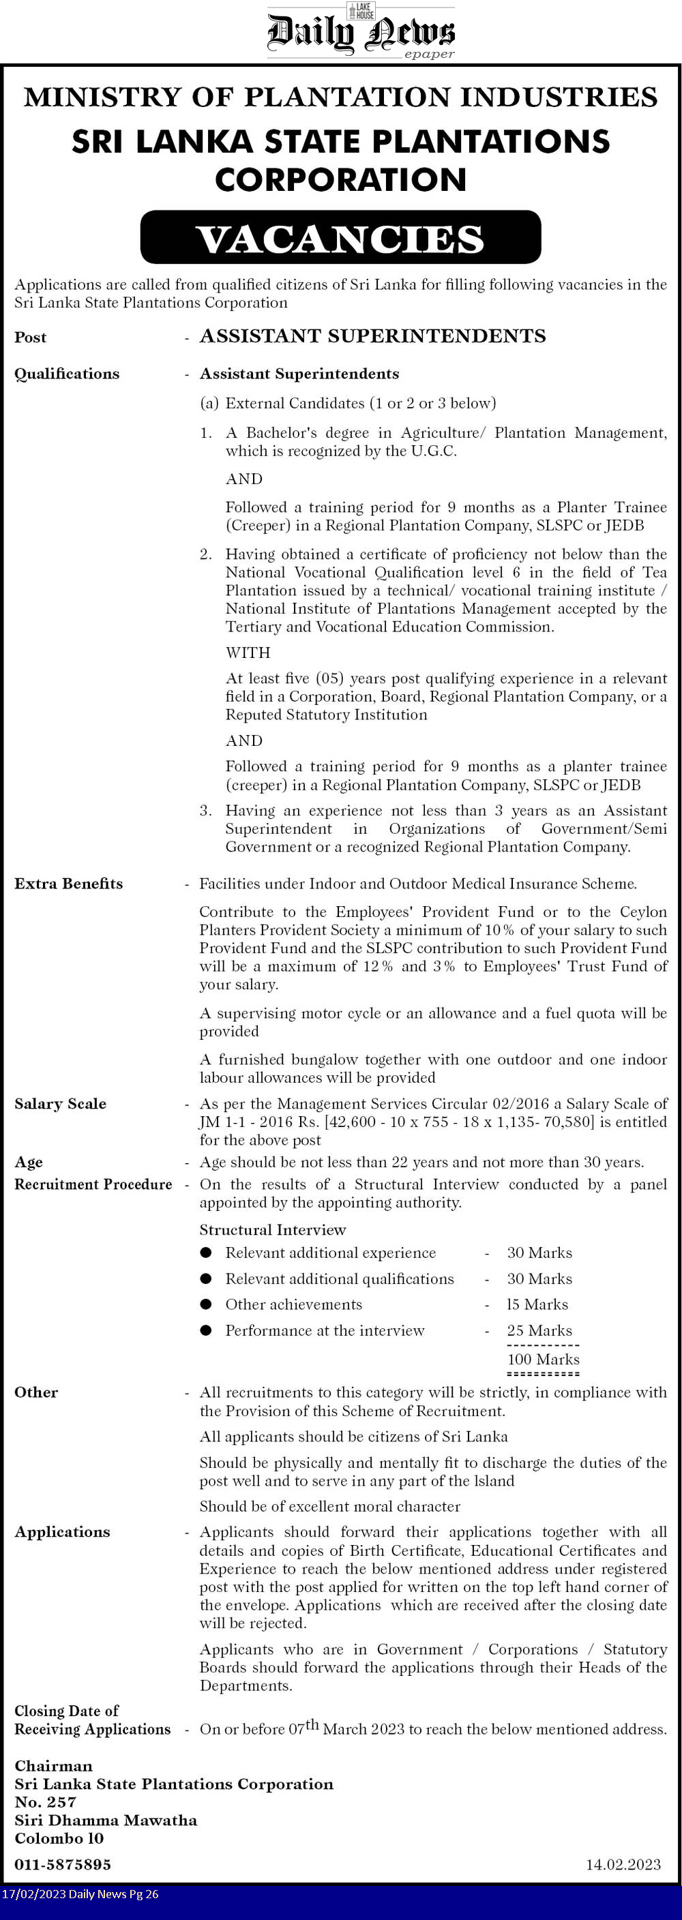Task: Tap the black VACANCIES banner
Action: (340, 238)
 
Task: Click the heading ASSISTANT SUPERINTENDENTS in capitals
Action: (372, 336)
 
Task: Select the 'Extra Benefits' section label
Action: (69, 883)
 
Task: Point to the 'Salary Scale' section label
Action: (61, 1103)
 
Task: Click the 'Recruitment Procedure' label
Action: (93, 1184)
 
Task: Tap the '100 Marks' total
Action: (544, 1359)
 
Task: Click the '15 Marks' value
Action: (537, 1304)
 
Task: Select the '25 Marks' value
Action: (539, 1330)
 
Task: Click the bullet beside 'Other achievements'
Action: (207, 1304)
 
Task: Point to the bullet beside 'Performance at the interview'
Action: (207, 1330)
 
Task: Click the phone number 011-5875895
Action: (63, 1864)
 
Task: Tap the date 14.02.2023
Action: (623, 1864)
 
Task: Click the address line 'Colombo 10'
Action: (59, 1838)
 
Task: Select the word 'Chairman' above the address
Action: (54, 1766)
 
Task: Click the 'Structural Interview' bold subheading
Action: (273, 1230)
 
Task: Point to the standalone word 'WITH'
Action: (248, 652)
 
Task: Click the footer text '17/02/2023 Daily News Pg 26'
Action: (80, 1894)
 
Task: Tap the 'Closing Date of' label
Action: (66, 1711)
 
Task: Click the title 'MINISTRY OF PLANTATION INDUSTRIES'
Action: (340, 97)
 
